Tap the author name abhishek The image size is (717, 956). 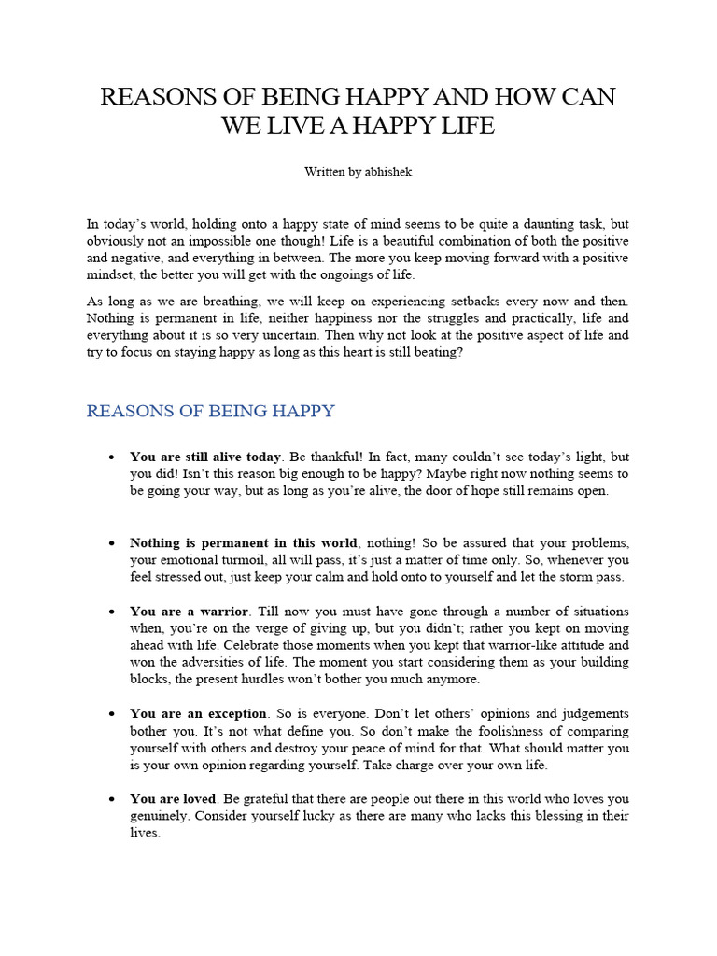point(388,172)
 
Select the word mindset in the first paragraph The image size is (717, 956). point(115,274)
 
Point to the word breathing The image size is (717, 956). point(217,301)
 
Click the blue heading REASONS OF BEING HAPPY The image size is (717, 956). point(210,411)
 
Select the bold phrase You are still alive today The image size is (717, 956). point(205,457)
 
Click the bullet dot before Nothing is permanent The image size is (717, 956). point(111,543)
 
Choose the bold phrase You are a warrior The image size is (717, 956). point(189,612)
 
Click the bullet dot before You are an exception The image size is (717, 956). point(111,714)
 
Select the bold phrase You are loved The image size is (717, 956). point(174,799)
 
